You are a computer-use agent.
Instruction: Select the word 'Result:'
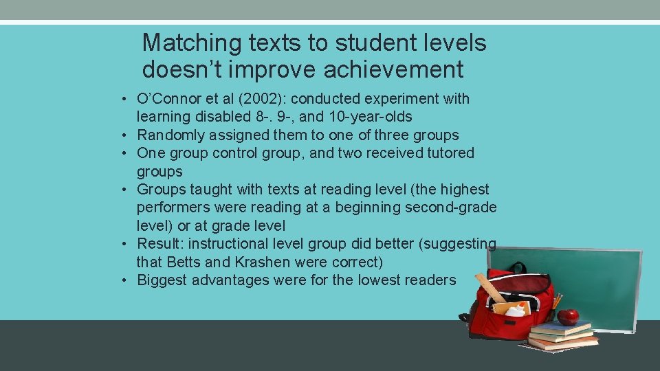(x=161, y=244)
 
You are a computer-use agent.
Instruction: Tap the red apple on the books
(x=568, y=317)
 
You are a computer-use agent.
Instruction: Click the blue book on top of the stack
(x=560, y=328)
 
